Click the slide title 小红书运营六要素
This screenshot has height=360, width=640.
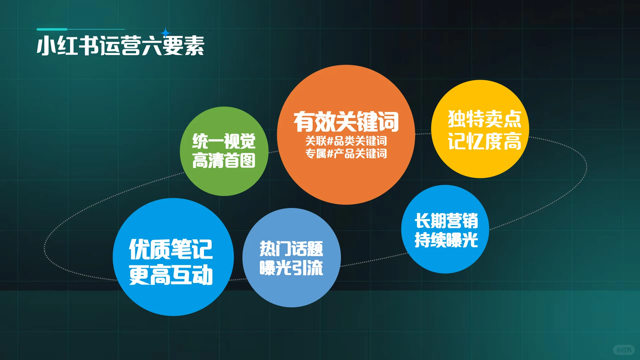[120, 46]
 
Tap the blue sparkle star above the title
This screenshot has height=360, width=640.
[165, 33]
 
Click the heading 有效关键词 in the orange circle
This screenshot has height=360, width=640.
[346, 122]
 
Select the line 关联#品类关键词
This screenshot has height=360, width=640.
[346, 141]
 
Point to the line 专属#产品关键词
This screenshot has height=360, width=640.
[346, 154]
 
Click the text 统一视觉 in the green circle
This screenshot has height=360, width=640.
[224, 141]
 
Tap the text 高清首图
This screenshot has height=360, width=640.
[224, 161]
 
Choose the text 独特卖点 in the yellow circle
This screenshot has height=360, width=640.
[484, 119]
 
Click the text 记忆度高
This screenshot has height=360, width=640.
[484, 141]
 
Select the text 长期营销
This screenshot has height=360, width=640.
[446, 221]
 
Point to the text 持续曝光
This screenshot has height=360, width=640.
[446, 240]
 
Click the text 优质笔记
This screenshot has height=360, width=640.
[171, 249]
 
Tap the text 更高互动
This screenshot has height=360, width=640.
[171, 275]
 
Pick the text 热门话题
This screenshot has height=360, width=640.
[291, 249]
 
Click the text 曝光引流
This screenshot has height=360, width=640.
[291, 268]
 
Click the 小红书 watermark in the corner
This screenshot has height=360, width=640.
[624, 350]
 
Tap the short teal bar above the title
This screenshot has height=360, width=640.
[52, 29]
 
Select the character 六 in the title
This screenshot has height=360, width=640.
[152, 46]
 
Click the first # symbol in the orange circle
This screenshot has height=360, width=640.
[330, 141]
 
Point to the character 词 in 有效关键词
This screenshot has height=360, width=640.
[388, 122]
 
